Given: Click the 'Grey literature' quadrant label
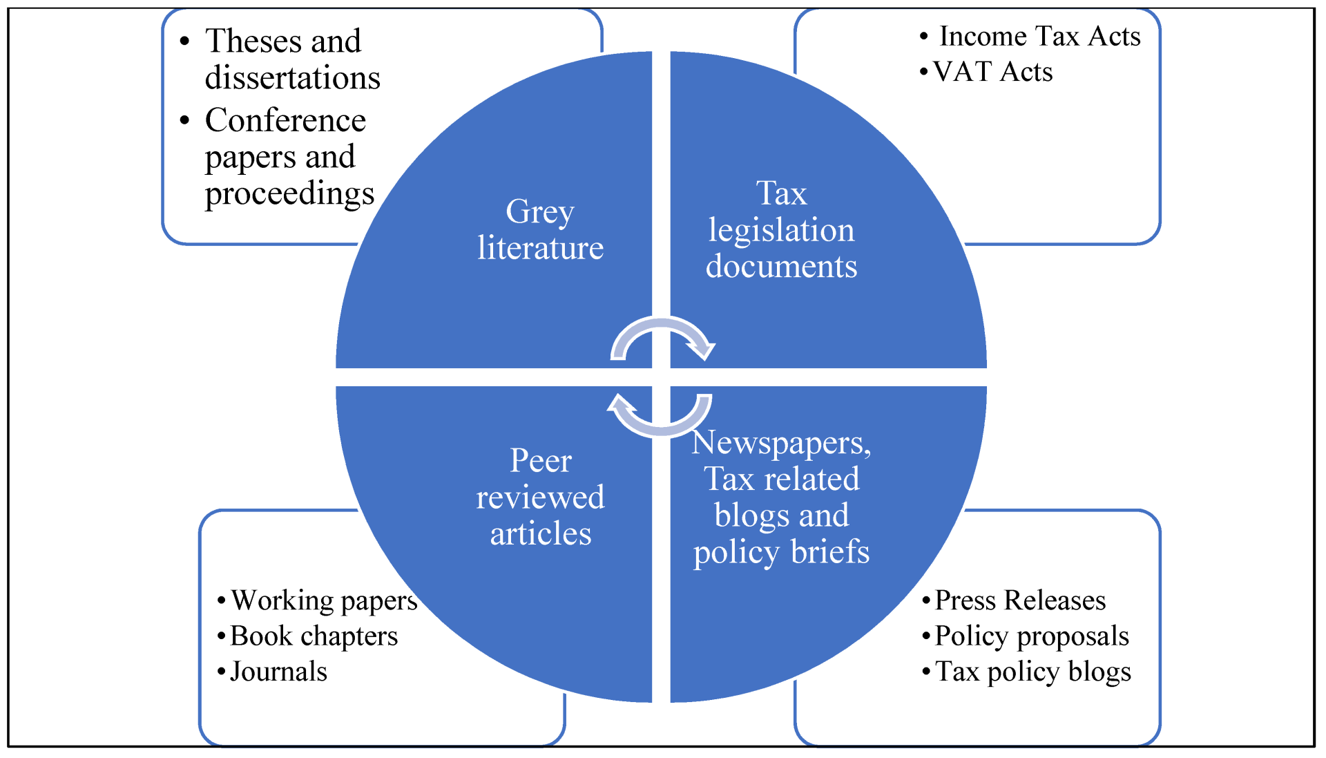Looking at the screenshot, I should (x=540, y=229).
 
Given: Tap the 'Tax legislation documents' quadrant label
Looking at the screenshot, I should (x=781, y=229).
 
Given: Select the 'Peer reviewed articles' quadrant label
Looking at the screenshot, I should (x=540, y=497).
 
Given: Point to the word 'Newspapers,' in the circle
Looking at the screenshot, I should (x=781, y=443).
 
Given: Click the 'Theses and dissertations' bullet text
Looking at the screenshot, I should (x=292, y=59).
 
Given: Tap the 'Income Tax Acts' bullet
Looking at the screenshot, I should (x=1039, y=36).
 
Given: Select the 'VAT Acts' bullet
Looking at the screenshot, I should (x=992, y=72).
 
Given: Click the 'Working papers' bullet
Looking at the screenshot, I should (x=324, y=600).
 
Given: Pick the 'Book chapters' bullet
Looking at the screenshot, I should (x=314, y=636).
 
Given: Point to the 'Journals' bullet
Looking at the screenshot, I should (x=278, y=672).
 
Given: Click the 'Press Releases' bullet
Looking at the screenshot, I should (x=1020, y=600).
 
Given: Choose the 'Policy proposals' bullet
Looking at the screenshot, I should (x=1032, y=636).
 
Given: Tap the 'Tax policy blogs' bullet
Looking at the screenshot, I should (x=1032, y=672).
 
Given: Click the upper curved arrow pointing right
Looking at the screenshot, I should (x=663, y=336).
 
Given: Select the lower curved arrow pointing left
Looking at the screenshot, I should (x=660, y=417).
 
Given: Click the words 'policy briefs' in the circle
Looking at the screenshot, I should (x=781, y=552).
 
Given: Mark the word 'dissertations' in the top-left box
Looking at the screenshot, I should (x=292, y=77).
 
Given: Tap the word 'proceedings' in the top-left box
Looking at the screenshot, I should (x=289, y=193).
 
